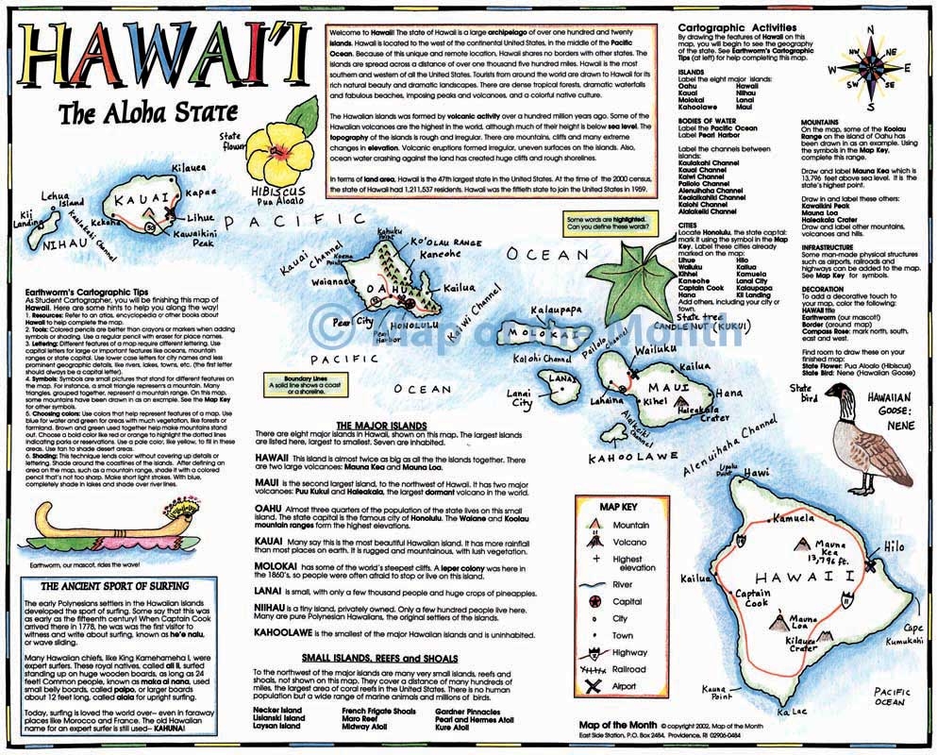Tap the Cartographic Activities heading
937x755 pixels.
(x=738, y=28)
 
